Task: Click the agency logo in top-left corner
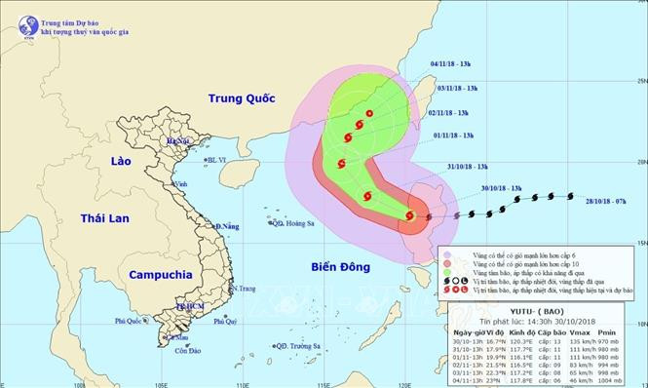click(19, 20)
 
